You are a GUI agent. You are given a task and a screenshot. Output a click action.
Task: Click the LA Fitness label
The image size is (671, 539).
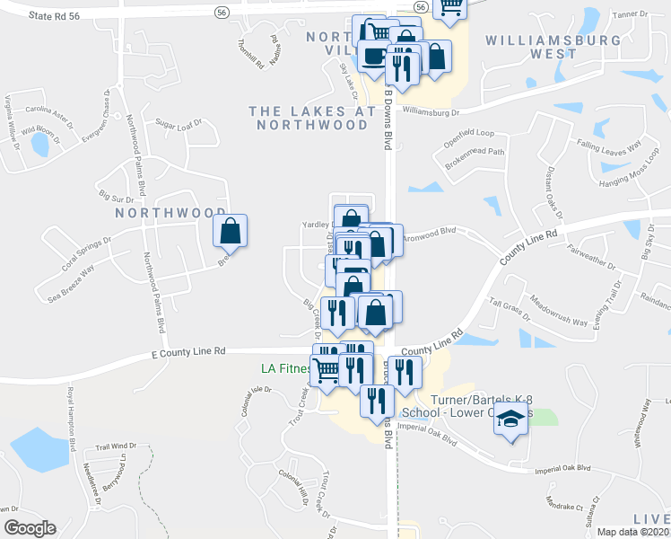point(285,368)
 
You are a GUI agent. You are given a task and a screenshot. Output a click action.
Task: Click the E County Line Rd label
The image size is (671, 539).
point(188,353)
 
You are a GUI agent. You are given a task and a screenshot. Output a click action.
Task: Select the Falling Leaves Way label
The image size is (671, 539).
point(610,146)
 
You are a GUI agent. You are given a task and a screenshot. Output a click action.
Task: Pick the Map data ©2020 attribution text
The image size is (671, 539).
point(632,532)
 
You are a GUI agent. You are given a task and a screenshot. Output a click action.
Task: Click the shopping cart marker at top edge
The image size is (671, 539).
point(449,7)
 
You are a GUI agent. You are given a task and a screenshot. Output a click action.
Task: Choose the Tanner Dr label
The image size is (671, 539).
point(628,14)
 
